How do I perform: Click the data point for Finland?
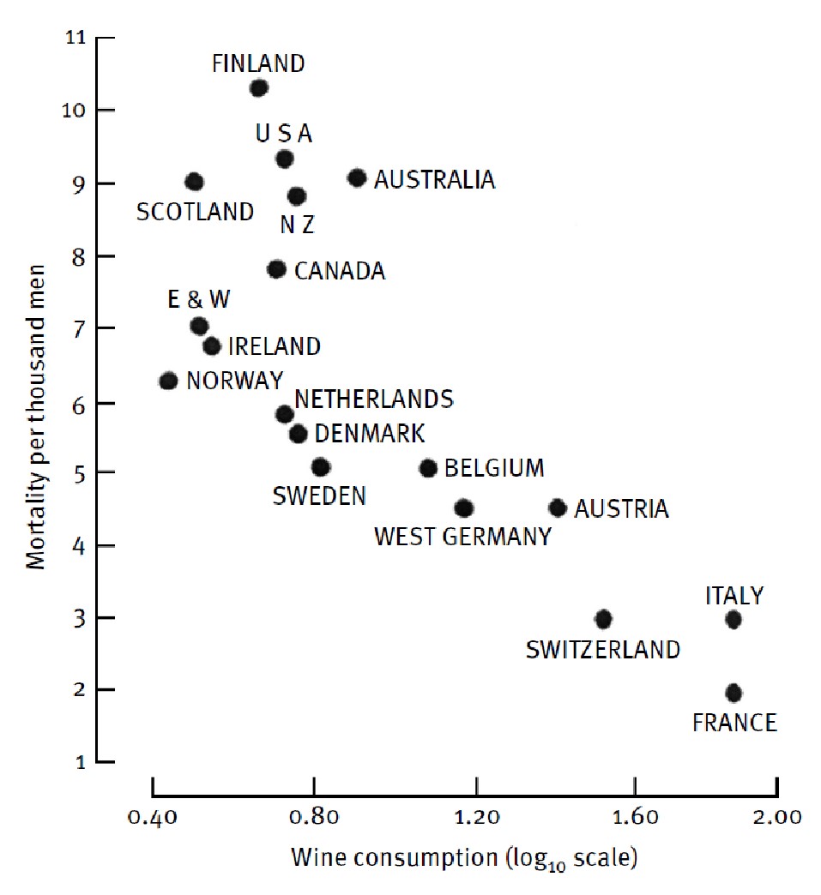click(x=259, y=87)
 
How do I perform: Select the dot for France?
click(x=733, y=693)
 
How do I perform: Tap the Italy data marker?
click(x=733, y=619)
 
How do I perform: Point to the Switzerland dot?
click(x=603, y=618)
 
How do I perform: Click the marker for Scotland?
click(x=195, y=182)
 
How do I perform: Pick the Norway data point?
click(x=168, y=381)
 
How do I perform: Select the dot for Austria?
click(x=558, y=508)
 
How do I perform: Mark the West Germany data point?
click(x=463, y=508)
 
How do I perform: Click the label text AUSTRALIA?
click(x=434, y=180)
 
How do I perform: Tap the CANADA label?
click(x=340, y=272)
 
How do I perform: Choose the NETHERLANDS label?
click(x=373, y=399)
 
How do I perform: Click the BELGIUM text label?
click(x=494, y=468)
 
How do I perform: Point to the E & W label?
click(x=199, y=299)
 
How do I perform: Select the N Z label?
click(x=298, y=225)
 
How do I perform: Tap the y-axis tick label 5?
click(x=78, y=472)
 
